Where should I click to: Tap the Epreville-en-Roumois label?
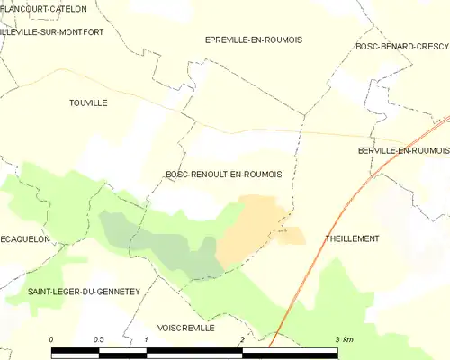(253, 40)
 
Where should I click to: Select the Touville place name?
(88, 103)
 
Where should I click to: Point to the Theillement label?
(352, 238)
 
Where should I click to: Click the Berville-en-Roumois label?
(402, 150)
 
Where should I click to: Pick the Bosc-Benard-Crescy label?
(400, 45)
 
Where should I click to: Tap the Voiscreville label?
(185, 328)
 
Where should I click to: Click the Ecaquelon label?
(25, 239)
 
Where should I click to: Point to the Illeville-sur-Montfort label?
(52, 32)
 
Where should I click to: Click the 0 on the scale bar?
(51, 339)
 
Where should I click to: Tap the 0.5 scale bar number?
(99, 339)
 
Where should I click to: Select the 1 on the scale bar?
(147, 339)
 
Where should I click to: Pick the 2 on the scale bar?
(241, 339)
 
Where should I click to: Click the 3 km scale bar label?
(344, 339)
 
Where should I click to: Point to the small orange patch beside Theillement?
(291, 236)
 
